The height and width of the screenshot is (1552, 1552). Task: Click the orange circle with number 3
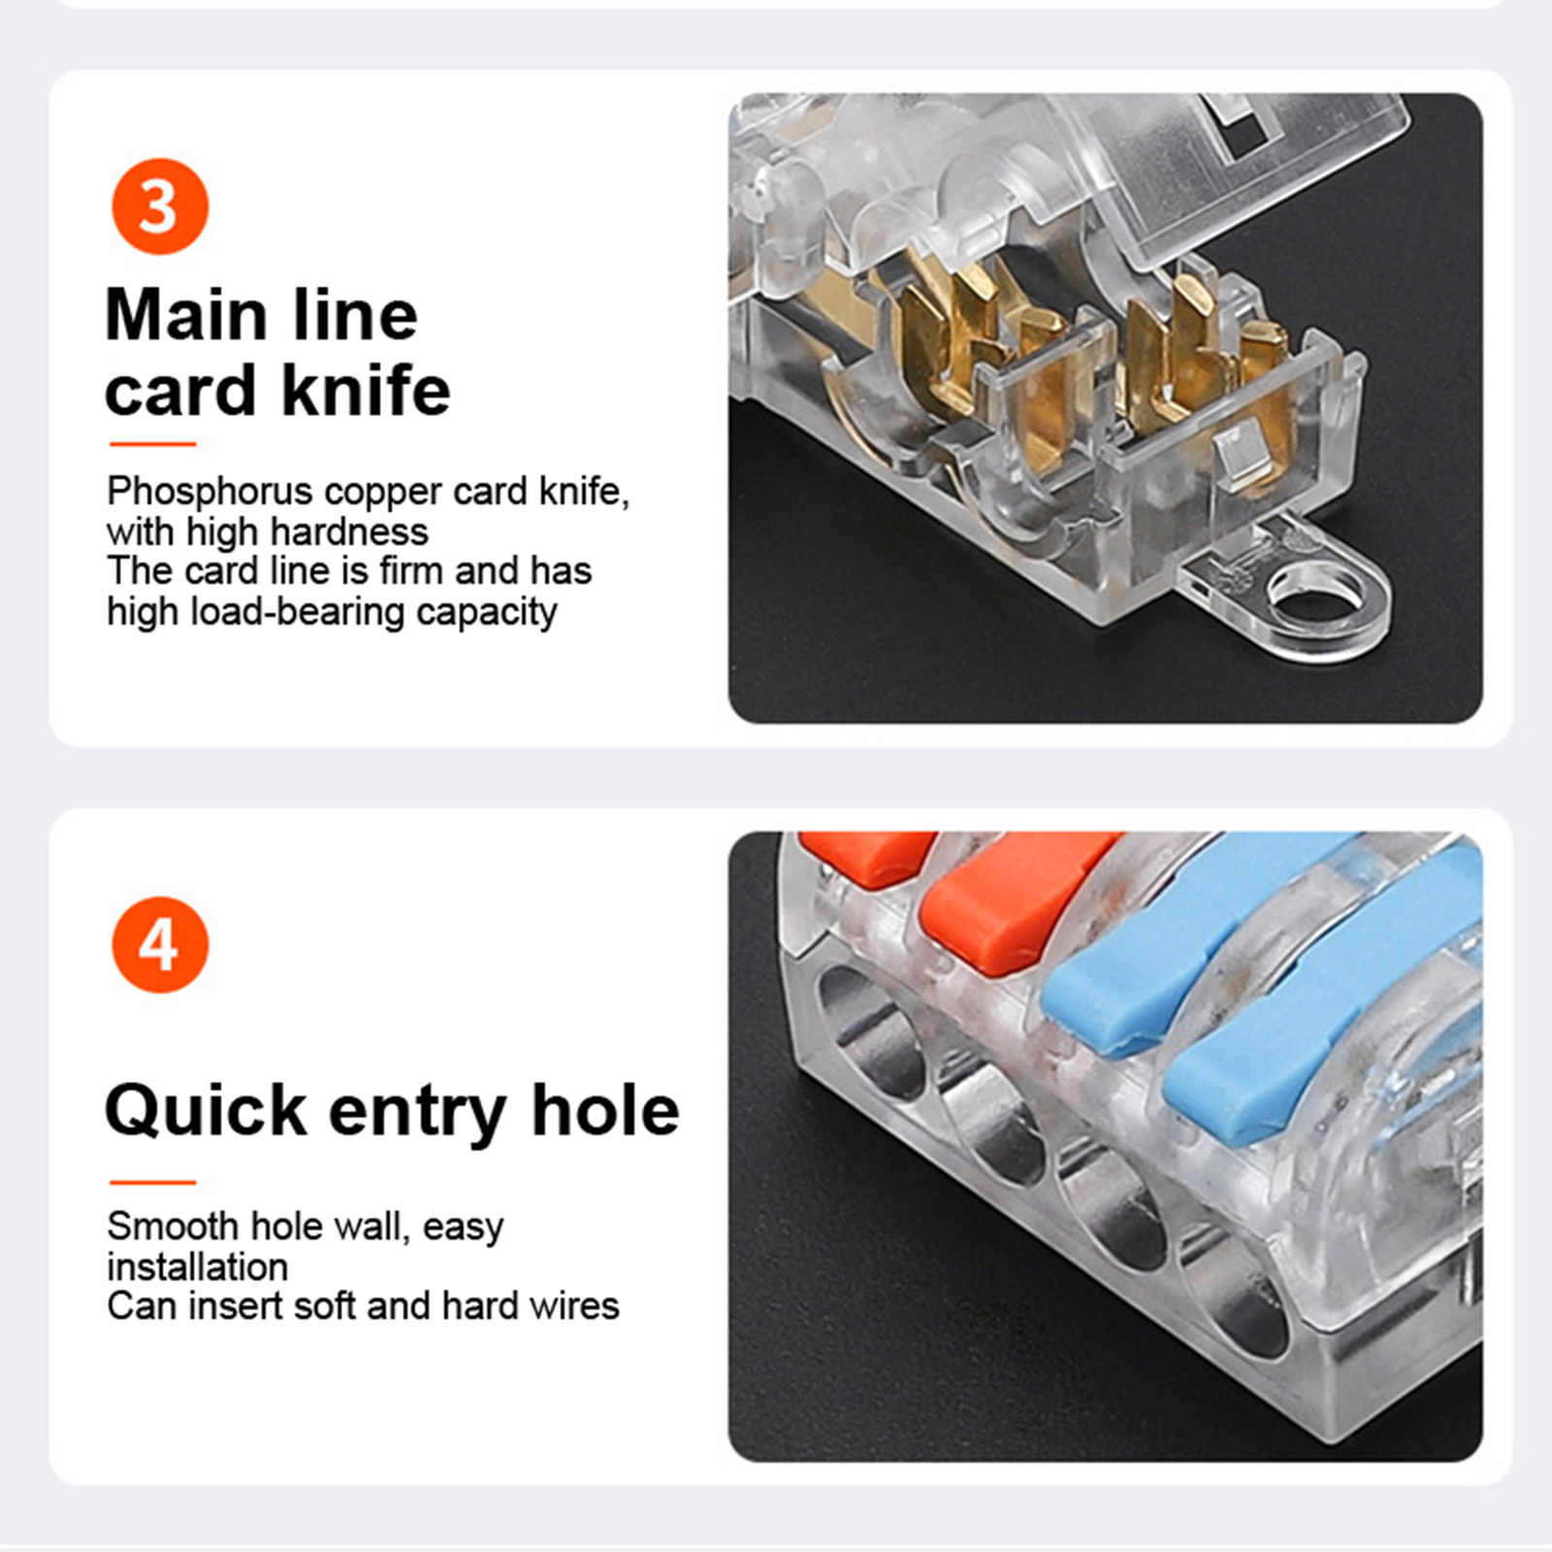pos(160,207)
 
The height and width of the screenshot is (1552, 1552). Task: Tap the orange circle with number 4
pos(160,945)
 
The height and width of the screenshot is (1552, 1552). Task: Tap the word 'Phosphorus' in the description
pos(210,493)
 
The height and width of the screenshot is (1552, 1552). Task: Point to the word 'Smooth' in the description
pos(172,1226)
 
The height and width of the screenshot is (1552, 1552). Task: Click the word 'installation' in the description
pos(198,1267)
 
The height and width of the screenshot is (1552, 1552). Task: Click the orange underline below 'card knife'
pos(153,444)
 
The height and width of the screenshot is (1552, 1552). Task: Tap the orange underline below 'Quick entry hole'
pos(153,1182)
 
